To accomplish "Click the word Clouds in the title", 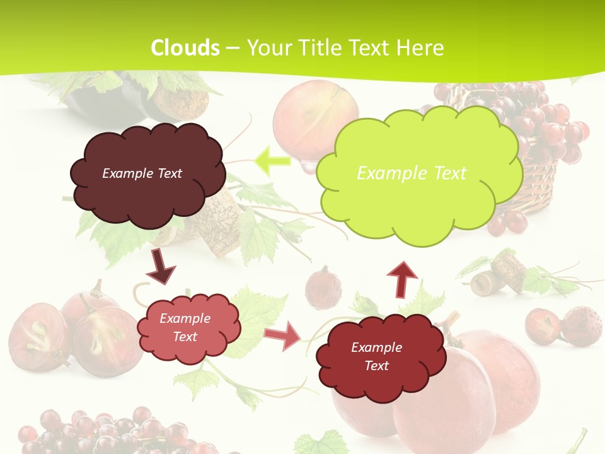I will point(185,48).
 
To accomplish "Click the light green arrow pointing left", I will point(273,161).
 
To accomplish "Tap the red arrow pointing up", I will point(401,278).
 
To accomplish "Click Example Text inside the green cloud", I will point(412,173).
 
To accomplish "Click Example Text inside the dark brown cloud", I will point(142,173).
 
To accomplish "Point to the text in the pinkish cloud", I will point(185,327).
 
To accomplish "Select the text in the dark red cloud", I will point(376,356).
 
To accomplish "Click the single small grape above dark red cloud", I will point(323,287).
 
